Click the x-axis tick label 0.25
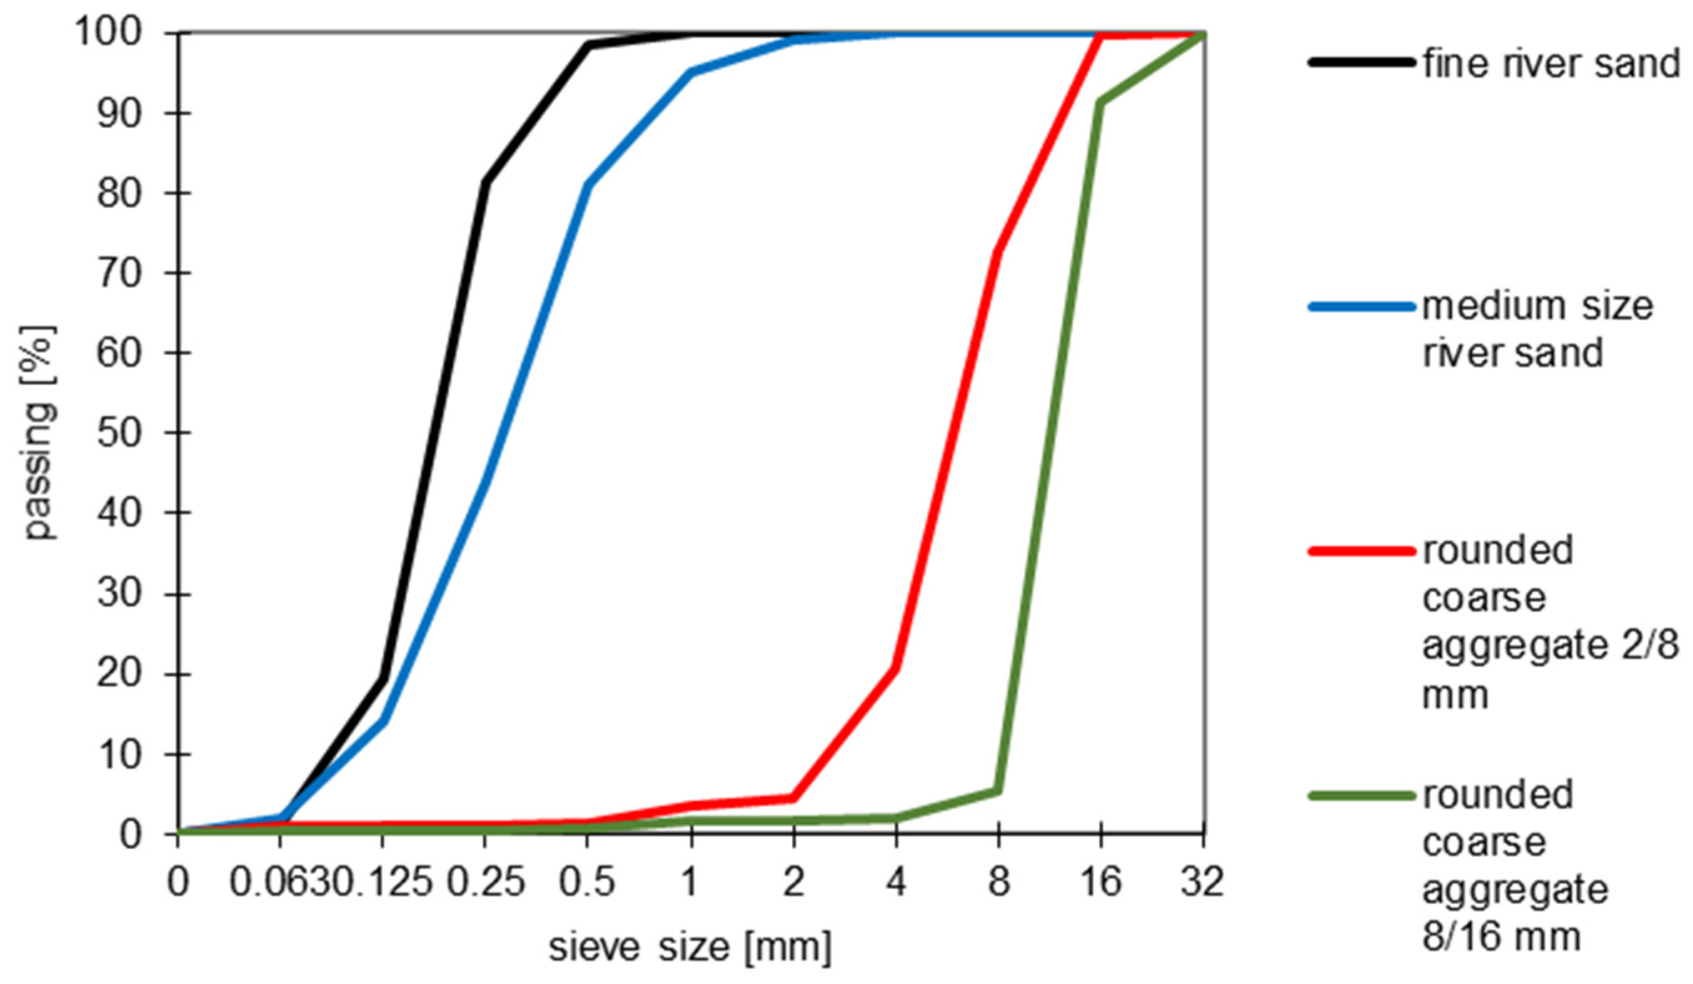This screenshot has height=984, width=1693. click(x=486, y=881)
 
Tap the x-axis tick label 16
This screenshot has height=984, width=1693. click(x=1100, y=881)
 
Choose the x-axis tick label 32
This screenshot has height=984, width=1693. click(x=1203, y=881)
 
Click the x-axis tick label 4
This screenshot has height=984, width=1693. click(x=896, y=881)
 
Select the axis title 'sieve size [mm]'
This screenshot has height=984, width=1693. click(x=690, y=947)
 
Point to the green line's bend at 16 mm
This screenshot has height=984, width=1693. click(x=1100, y=102)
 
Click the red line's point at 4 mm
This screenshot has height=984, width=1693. click(x=896, y=668)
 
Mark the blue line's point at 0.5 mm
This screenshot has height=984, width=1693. click(x=588, y=185)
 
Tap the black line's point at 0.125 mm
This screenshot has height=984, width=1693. click(x=384, y=678)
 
